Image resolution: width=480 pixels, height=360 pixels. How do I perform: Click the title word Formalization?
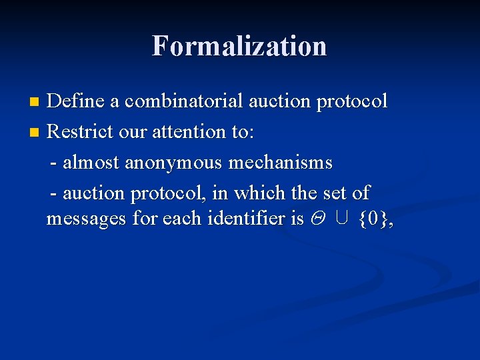239,46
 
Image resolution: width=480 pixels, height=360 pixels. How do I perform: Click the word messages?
86,219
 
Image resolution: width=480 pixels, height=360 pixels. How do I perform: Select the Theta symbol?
317,219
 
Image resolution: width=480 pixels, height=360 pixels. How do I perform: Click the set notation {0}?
372,219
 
